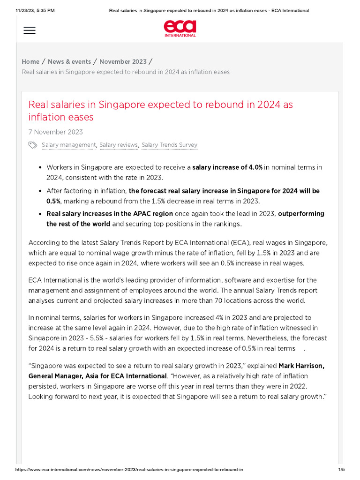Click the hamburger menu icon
[29, 30]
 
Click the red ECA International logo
[180, 28]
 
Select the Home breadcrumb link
[30, 62]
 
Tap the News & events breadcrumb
[69, 62]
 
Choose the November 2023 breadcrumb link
[123, 62]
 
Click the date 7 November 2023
[55, 132]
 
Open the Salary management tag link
[68, 145]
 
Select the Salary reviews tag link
[119, 145]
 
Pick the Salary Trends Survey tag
[169, 145]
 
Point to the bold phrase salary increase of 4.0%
[227, 167]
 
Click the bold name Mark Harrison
[301, 366]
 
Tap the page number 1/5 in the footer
[341, 470]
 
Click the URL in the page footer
[129, 470]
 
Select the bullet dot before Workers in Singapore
[40, 167]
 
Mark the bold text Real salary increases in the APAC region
[110, 214]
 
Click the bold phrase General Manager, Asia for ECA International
[97, 376]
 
